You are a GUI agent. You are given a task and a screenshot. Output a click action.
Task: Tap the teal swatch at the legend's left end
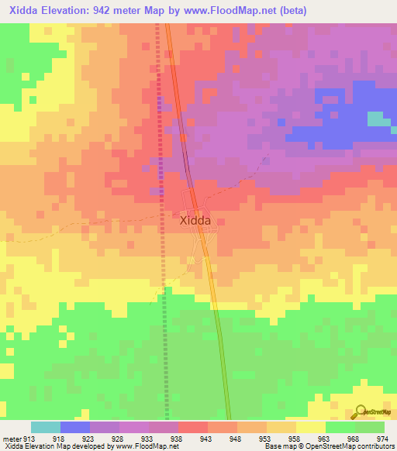click(46, 427)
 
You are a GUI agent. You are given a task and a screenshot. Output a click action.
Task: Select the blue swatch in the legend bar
click(75, 427)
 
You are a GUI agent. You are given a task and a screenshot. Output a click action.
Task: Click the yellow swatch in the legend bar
click(311, 427)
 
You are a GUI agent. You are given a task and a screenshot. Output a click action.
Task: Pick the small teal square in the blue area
click(378, 118)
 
